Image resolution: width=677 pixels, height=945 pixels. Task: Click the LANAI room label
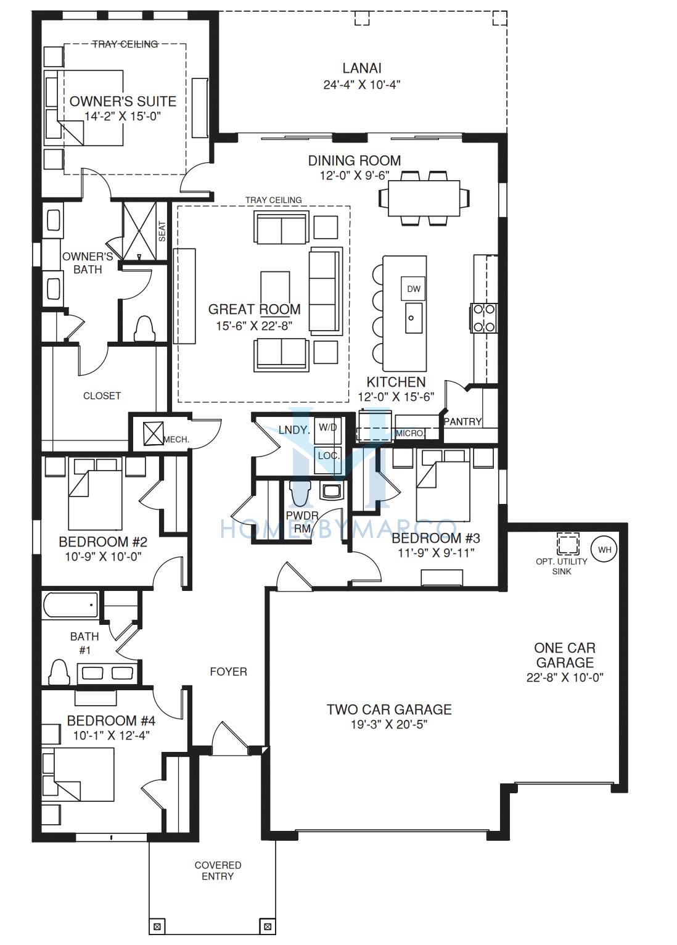pos(362,68)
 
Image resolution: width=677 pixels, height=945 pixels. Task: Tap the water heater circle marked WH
pos(604,549)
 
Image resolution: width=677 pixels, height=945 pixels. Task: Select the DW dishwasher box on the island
pos(413,289)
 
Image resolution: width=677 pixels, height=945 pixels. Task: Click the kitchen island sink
pos(413,318)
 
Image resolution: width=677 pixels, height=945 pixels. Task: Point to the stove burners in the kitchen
pos(484,318)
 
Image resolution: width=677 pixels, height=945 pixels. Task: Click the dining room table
pos(424,198)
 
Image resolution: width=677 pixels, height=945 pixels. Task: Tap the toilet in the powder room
pos(300,493)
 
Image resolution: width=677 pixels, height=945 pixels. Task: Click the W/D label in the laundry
pos(328,427)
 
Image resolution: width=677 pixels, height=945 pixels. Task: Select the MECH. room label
pos(176,439)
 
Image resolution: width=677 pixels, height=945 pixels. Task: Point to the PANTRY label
pos(462,421)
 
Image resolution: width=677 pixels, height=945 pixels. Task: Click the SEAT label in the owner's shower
pos(162,231)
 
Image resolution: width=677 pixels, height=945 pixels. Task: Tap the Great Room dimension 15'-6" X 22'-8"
pos(255,326)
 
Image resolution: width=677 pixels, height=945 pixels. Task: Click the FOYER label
pos(229,672)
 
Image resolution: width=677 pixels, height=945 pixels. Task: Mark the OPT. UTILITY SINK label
pos(562,566)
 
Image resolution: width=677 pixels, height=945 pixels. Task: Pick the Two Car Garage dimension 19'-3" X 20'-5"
pos(389,724)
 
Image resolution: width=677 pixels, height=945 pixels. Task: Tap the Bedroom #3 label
pos(436,538)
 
